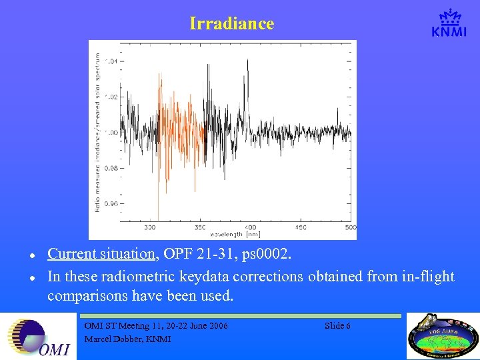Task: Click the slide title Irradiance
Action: coord(231,23)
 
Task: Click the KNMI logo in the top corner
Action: coord(449,24)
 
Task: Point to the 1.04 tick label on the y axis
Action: coord(111,61)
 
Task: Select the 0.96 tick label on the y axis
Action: coord(111,204)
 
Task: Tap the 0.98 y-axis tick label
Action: coord(111,169)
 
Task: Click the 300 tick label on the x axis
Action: coord(150,227)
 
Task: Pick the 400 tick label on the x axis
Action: coord(250,227)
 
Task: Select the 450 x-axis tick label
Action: coord(300,227)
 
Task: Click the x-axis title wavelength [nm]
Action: coord(235,235)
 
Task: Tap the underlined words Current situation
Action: coord(101,254)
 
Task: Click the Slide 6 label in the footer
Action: coord(337,325)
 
